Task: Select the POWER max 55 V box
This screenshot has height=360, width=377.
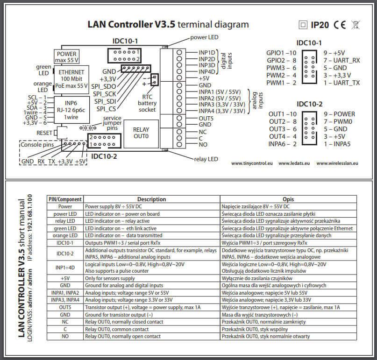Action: pos(65,56)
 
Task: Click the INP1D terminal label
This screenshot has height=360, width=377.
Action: pos(206,52)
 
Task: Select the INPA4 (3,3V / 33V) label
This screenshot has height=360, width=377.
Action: pos(221,111)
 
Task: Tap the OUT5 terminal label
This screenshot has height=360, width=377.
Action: pos(206,118)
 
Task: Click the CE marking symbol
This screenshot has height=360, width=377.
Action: pos(339,25)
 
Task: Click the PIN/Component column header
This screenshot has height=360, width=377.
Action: pos(65,199)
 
